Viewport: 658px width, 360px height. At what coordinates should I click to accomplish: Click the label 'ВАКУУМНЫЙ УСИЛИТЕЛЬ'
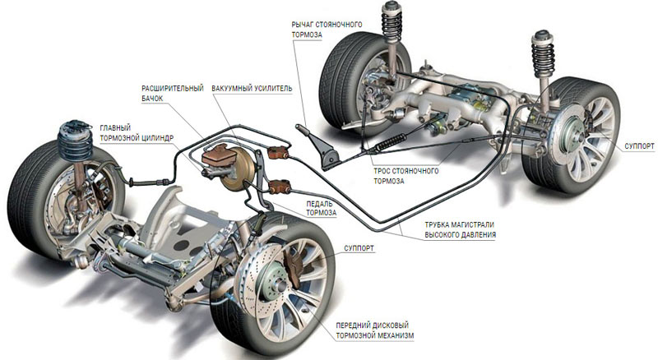coord(251,87)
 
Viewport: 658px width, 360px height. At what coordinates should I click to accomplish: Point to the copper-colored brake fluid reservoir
coord(217,154)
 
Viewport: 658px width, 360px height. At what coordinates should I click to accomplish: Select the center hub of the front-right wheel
coord(285,284)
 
